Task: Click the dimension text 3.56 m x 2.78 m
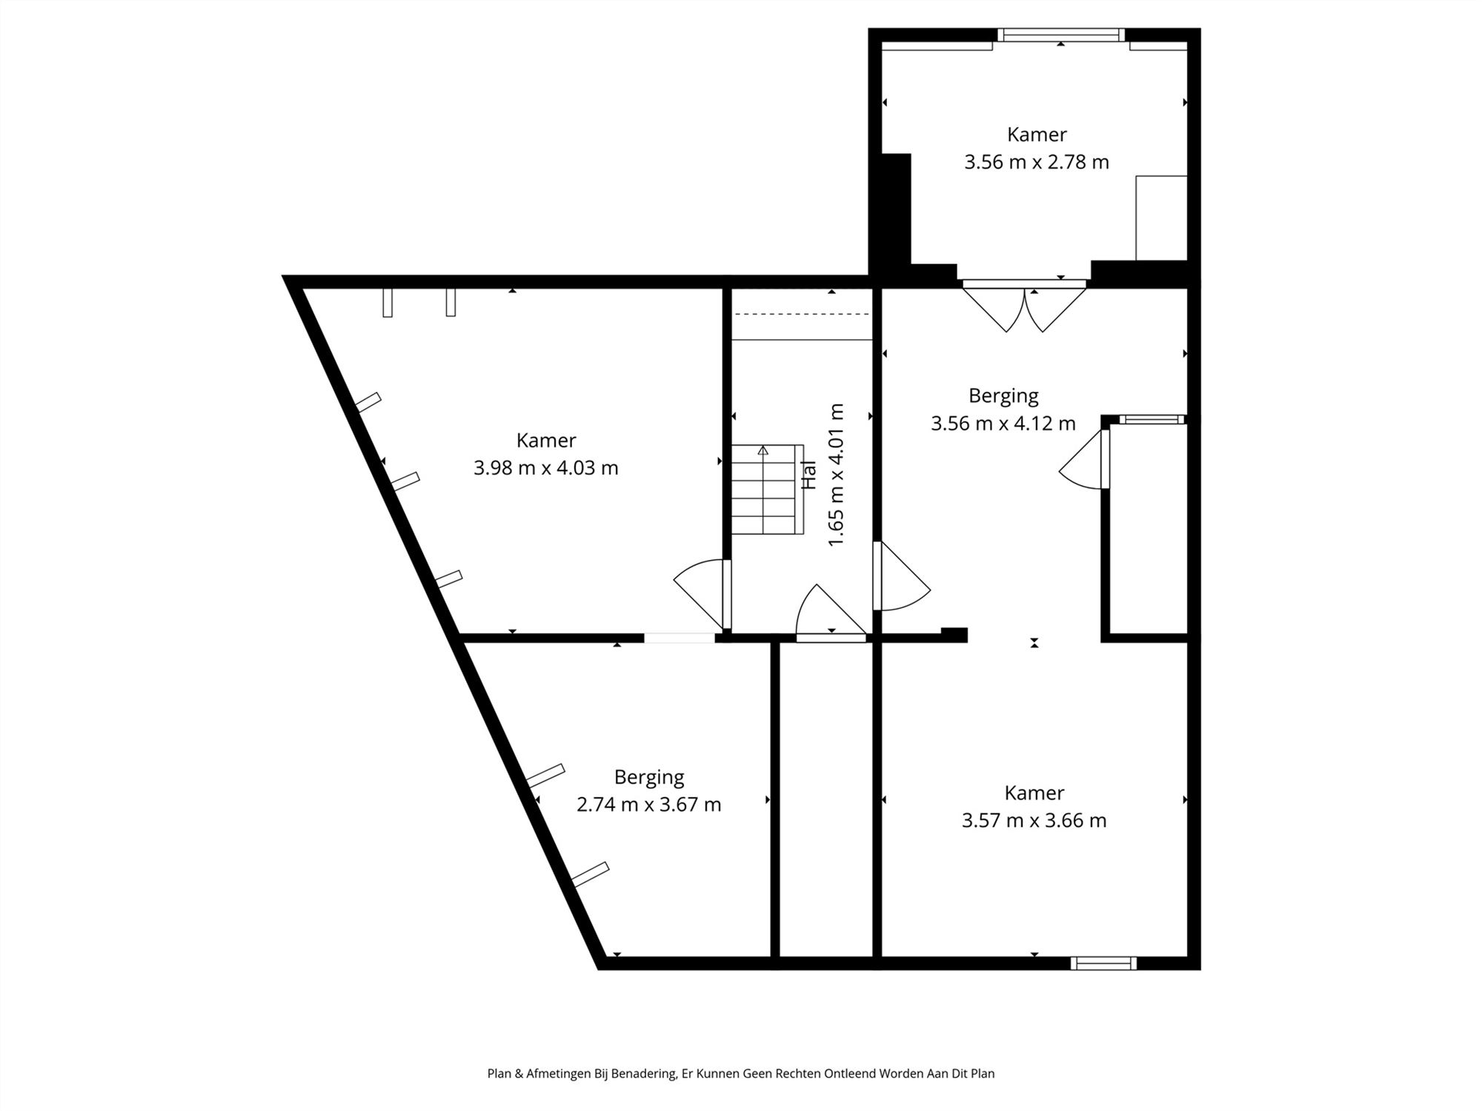[1036, 162]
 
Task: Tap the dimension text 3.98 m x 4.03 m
[545, 468]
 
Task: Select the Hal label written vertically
[809, 475]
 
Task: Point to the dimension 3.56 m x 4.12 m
[1003, 424]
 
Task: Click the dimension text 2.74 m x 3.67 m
[648, 804]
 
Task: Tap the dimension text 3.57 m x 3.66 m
[1034, 821]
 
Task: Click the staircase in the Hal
[768, 490]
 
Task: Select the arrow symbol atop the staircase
[762, 450]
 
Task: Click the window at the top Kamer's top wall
[1060, 35]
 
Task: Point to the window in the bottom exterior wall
[1103, 963]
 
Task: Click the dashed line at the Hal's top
[801, 314]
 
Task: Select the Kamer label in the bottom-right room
[1034, 793]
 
